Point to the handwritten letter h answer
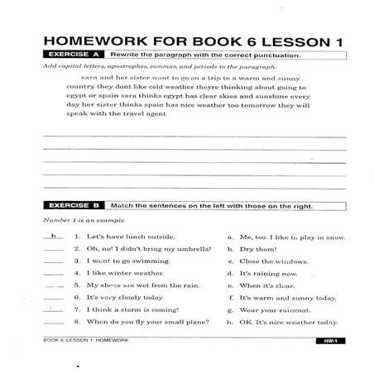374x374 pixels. (x=54, y=236)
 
